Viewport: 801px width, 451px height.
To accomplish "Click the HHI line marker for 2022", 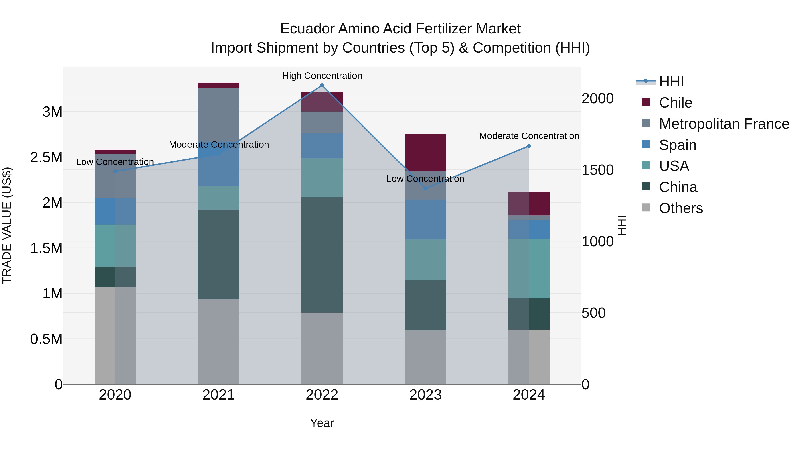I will tap(322, 85).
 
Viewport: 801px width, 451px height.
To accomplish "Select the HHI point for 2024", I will tap(529, 146).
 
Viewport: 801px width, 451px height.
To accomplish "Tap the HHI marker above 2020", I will tap(115, 171).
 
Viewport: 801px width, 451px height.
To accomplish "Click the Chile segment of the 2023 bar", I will tap(425, 153).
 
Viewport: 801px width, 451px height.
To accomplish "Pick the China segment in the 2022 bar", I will tap(322, 255).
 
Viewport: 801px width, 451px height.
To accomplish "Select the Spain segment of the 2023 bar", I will tap(425, 219).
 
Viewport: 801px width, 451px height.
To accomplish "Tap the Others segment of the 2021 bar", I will tap(218, 341).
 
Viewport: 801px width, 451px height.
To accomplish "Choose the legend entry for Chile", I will tap(675, 103).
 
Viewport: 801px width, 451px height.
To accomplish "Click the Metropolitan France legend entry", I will tap(724, 124).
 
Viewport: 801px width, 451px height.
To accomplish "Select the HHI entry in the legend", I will tap(671, 82).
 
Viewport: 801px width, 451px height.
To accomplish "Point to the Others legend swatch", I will tap(646, 208).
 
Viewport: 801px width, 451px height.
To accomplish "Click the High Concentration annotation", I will tap(322, 76).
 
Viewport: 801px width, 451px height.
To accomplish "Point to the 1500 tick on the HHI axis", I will tap(597, 170).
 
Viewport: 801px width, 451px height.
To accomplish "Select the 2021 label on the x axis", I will tap(218, 395).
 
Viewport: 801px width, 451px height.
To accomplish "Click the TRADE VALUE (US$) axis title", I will tap(7, 225).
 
